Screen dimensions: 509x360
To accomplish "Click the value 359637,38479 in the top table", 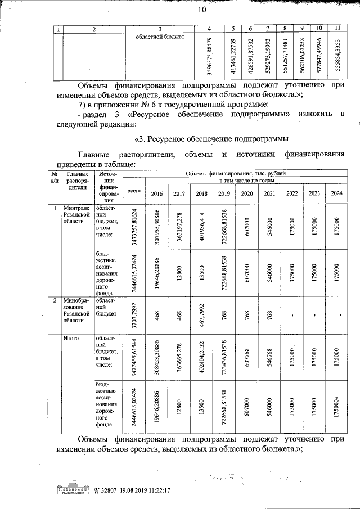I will click(209, 56).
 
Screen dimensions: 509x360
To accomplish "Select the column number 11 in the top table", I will click(336, 28).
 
